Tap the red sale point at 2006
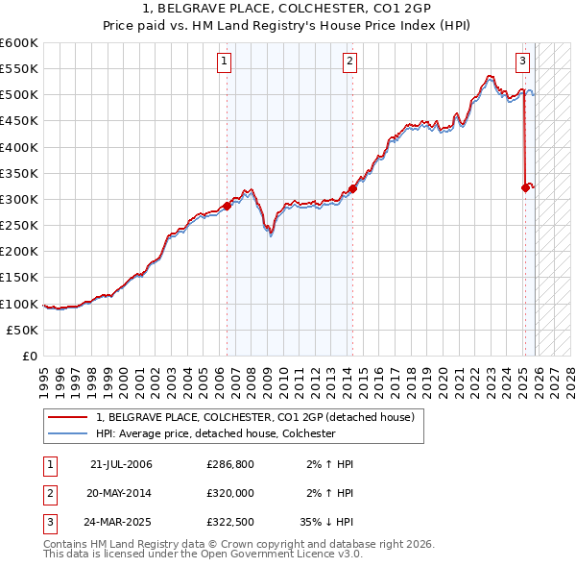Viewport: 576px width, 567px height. point(228,206)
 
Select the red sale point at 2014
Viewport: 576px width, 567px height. point(352,188)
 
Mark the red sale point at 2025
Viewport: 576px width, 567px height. point(525,187)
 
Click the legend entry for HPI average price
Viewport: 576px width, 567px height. point(214,433)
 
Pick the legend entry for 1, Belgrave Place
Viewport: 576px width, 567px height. point(254,417)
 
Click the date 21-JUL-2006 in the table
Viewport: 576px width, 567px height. point(121,464)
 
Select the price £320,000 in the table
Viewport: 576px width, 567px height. point(230,493)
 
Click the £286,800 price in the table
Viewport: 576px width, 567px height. point(230,464)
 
